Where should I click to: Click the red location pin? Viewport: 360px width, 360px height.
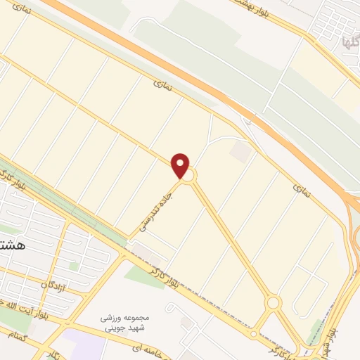181,165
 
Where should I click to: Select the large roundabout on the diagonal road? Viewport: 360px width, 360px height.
274,303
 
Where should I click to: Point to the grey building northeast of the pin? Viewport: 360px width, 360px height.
240,152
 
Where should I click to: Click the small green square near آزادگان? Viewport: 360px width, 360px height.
73,266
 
